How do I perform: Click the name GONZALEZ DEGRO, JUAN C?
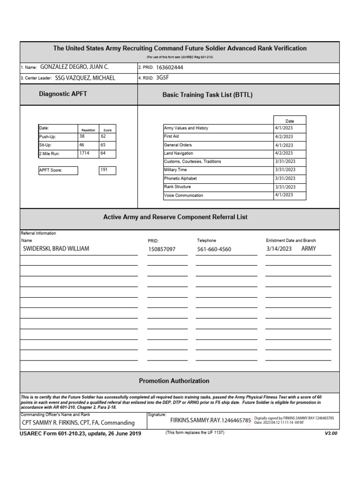tap(74, 67)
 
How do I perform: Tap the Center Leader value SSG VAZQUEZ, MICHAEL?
tap(85, 78)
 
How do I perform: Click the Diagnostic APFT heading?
tap(63, 94)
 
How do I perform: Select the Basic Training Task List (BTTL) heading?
tap(207, 95)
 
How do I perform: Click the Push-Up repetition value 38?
tap(82, 136)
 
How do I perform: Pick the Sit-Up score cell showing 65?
tap(104, 145)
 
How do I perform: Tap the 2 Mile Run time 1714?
tap(84, 153)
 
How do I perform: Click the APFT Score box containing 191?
tap(107, 170)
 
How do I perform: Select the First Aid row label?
tap(171, 136)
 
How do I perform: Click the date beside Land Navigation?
tap(284, 153)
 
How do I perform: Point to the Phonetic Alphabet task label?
tap(180, 179)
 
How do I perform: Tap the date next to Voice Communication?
tap(284, 195)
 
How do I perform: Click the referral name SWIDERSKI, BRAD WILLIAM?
tap(56, 249)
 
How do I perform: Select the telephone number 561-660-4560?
tap(214, 249)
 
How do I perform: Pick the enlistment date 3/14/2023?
tap(279, 249)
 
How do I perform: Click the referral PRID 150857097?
tap(162, 249)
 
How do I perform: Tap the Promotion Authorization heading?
tap(174, 381)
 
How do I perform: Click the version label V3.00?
tap(331, 433)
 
